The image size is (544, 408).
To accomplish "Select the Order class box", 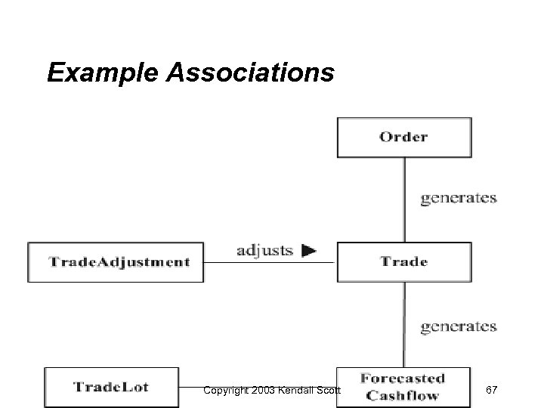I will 403,137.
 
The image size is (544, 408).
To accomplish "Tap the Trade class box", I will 403,261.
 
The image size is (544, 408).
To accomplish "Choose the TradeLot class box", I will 111,388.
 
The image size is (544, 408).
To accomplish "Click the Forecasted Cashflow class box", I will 403,387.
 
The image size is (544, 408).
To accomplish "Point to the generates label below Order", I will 458,198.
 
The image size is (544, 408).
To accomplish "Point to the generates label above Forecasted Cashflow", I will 458,326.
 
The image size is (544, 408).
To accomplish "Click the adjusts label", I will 264,251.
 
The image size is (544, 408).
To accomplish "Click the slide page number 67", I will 491,389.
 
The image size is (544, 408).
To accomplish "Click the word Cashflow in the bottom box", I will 403,396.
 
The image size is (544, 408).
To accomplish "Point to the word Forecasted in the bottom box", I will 403,379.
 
